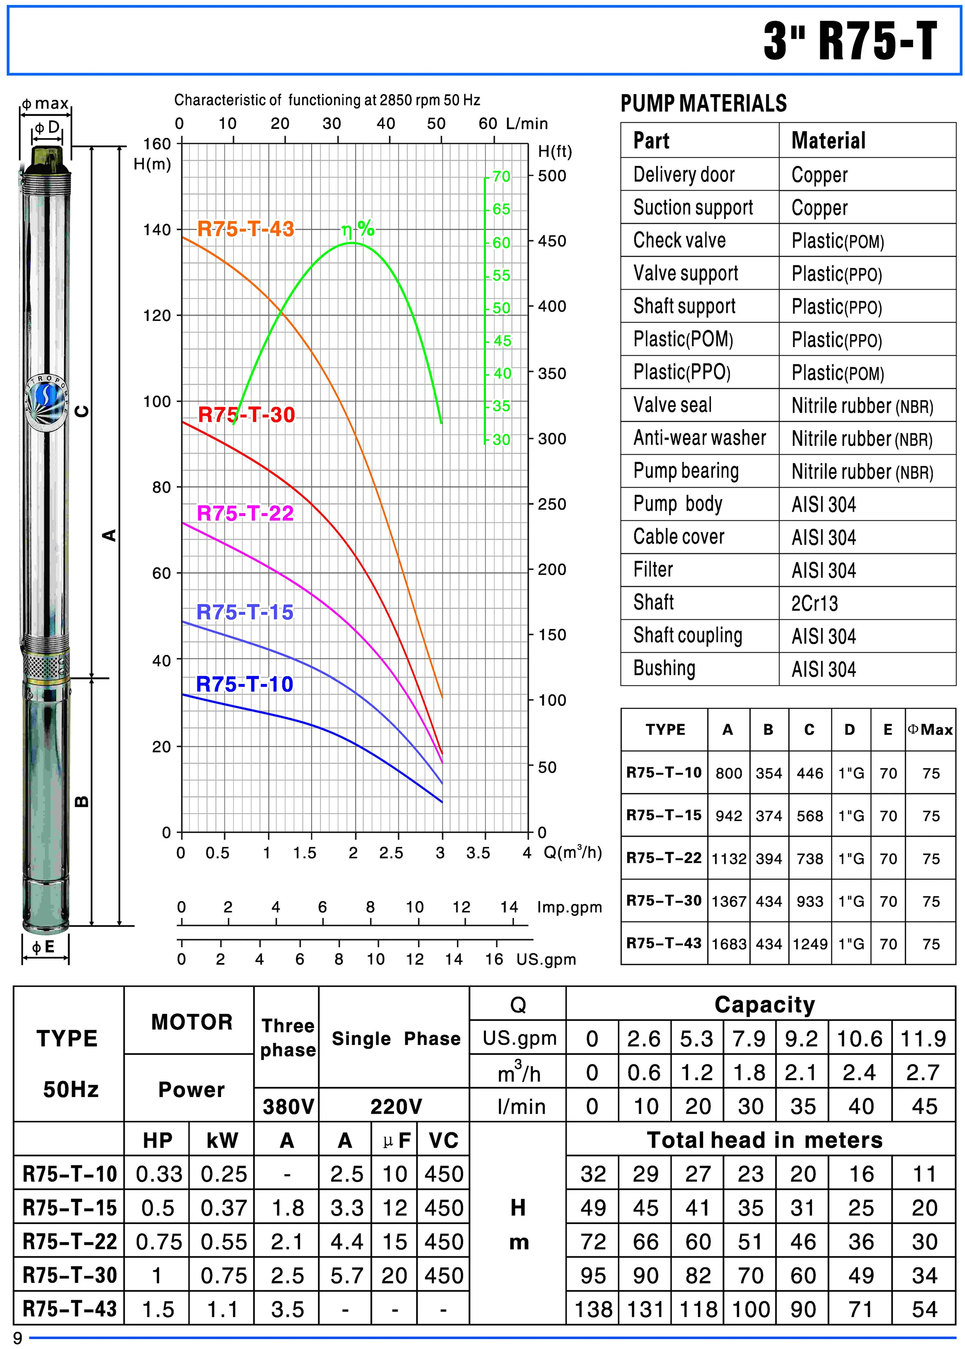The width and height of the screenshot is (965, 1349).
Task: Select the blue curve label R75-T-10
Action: click(x=245, y=684)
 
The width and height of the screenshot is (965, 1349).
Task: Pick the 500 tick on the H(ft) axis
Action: click(x=552, y=176)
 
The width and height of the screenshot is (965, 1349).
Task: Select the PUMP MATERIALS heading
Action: click(x=704, y=103)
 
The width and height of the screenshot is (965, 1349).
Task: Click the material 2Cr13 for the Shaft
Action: click(x=815, y=603)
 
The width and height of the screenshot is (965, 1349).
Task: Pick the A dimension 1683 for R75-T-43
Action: click(x=728, y=944)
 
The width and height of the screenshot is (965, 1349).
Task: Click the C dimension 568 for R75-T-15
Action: click(x=810, y=816)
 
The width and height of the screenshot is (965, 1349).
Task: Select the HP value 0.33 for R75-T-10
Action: click(x=158, y=1174)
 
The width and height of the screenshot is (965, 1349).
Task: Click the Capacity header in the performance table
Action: click(x=765, y=1005)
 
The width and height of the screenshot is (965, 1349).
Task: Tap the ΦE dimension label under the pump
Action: click(x=43, y=947)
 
